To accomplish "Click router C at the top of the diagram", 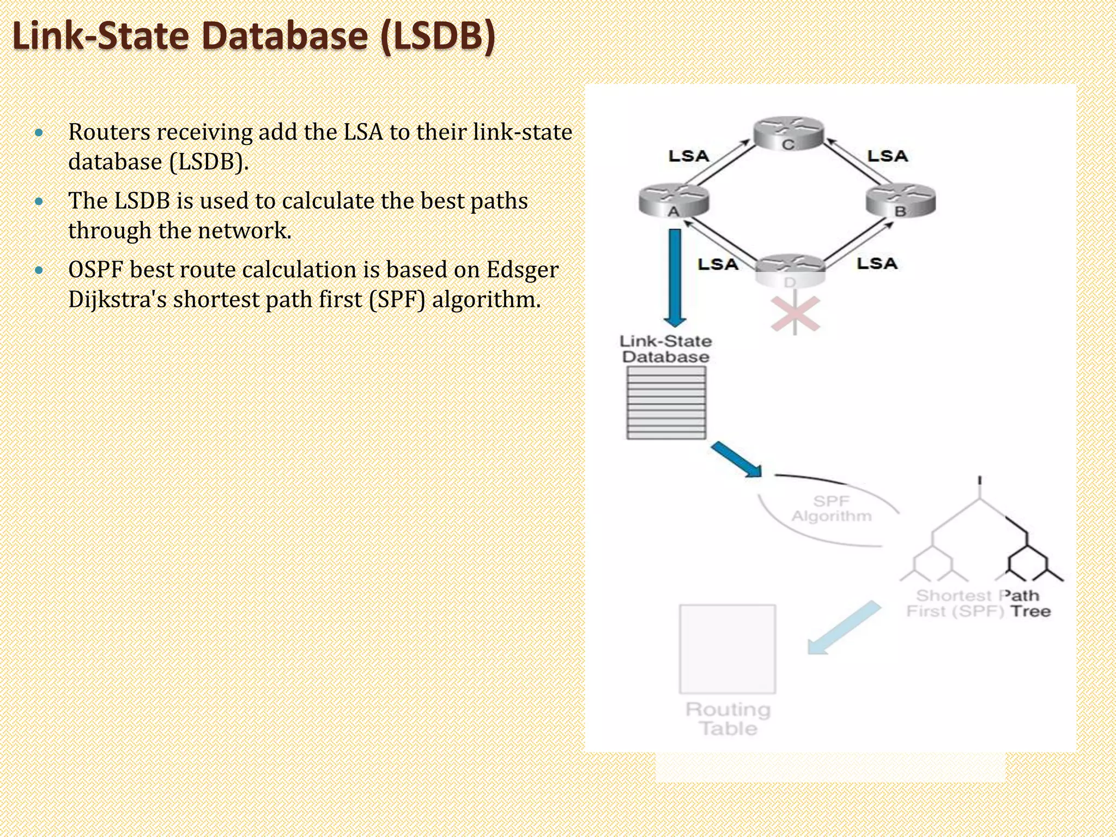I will tap(788, 134).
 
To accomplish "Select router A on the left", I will tap(674, 201).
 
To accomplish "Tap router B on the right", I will tap(901, 201).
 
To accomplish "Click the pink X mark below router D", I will tap(795, 314).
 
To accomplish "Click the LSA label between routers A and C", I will tap(689, 156).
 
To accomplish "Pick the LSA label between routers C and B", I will tap(888, 156).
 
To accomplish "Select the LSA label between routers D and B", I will tap(877, 264).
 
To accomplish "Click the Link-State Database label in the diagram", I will tap(666, 349).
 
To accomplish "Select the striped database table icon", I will tap(666, 403).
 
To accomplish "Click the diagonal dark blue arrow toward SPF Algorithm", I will tap(736, 459).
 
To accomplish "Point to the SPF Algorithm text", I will tap(832, 508).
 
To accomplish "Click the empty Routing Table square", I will tap(727, 648).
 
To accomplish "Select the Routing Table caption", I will tap(728, 719).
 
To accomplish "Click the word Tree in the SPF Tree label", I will tap(1030, 611).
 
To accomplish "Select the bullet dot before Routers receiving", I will tap(38, 132).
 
